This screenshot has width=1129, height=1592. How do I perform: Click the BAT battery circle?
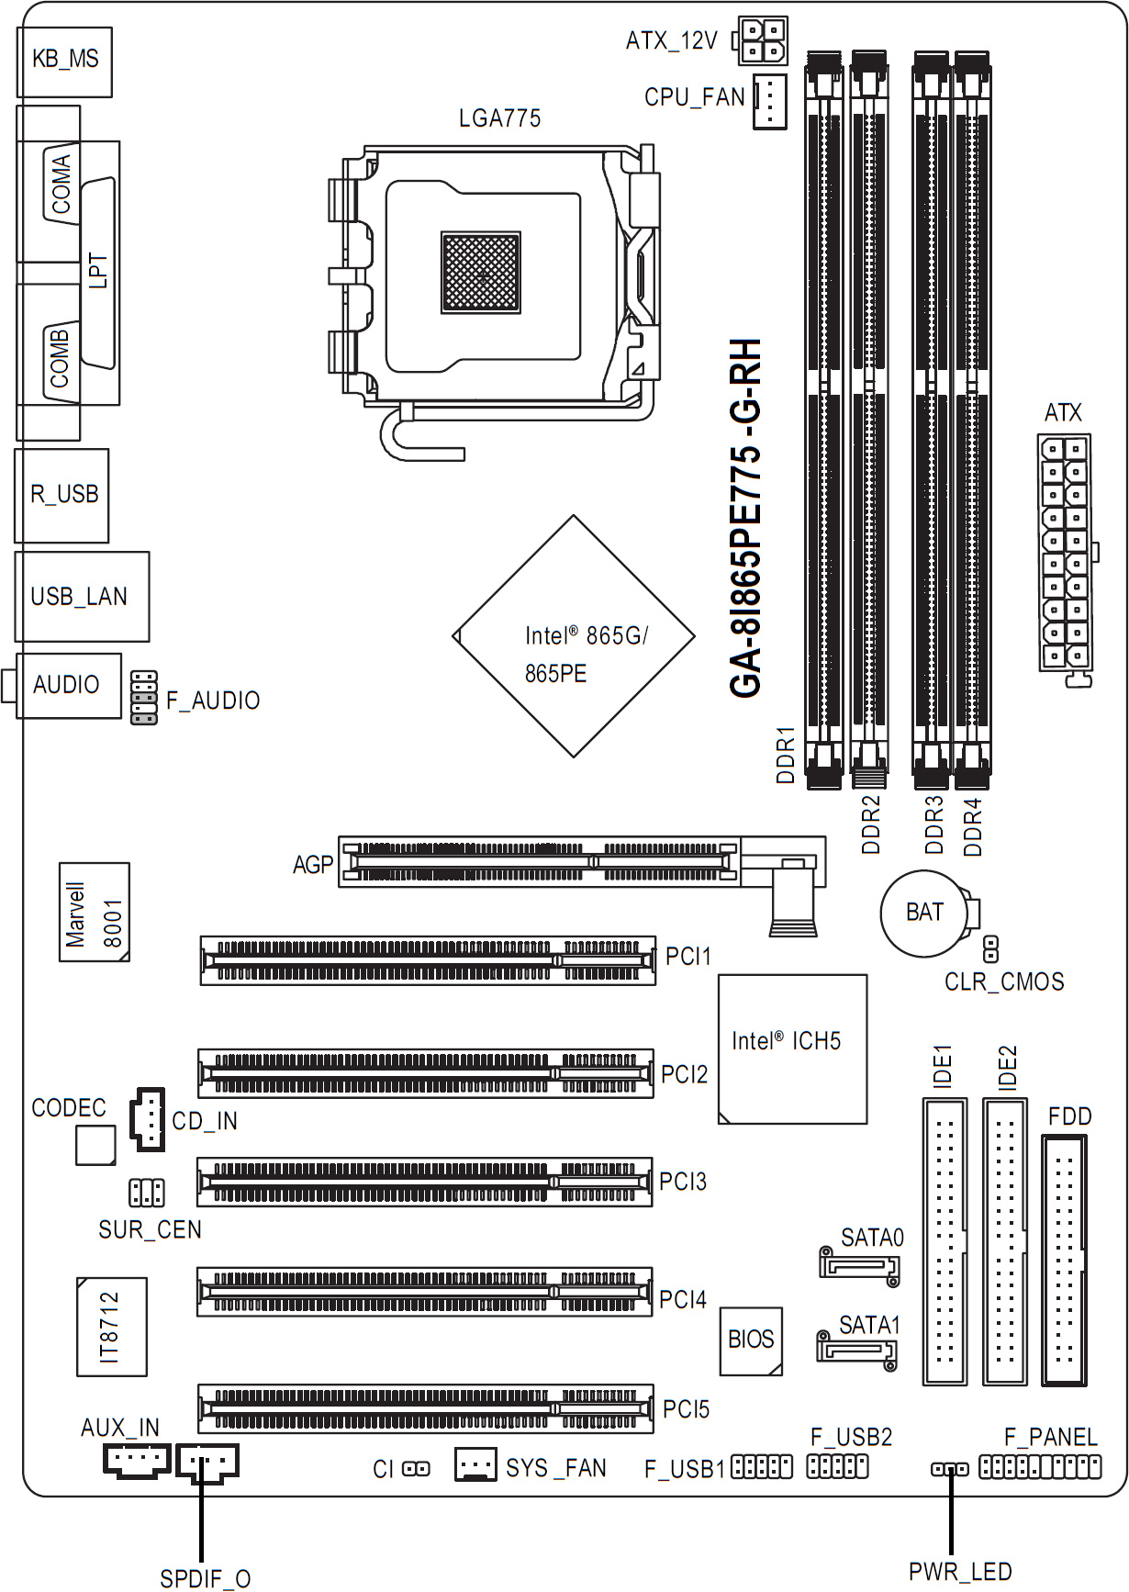tap(924, 913)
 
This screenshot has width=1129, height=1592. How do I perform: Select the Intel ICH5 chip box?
tap(792, 1048)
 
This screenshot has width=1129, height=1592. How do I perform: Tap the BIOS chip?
tap(751, 1340)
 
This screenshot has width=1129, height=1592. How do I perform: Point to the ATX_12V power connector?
tap(762, 40)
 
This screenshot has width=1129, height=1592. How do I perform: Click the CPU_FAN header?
tap(770, 101)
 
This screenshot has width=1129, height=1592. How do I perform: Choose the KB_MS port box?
tap(64, 61)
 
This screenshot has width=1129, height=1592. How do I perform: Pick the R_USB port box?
tap(62, 495)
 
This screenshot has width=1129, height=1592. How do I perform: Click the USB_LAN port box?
tap(82, 597)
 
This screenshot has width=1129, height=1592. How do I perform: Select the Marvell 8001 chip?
tap(94, 913)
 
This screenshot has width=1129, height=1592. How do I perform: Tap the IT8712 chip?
tap(111, 1327)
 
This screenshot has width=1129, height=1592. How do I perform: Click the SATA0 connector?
tap(859, 1266)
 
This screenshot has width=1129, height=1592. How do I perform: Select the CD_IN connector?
tap(147, 1119)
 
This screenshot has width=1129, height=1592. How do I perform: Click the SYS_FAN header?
tap(475, 1464)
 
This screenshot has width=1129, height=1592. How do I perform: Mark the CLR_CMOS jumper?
tap(991, 947)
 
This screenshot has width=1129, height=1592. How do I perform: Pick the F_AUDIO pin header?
tap(144, 698)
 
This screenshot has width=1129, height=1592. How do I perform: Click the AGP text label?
tap(313, 865)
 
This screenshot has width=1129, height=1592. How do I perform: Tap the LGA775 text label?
tap(499, 118)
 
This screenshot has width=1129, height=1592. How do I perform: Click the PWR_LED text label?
tap(960, 1572)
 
